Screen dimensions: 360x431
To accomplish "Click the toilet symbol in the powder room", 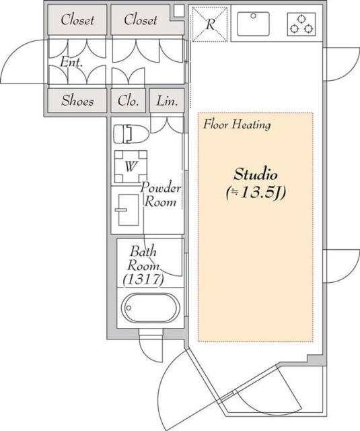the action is [x=131, y=134].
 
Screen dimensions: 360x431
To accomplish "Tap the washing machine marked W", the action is [x=131, y=166].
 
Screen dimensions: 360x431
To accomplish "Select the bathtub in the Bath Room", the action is [x=151, y=308].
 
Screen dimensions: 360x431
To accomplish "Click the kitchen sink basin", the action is [x=253, y=24].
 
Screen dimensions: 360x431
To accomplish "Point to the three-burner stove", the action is [x=301, y=24].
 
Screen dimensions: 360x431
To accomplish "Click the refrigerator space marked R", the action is [x=210, y=24].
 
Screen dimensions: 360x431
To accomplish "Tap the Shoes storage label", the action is [x=77, y=100].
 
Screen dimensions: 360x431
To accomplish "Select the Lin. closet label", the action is [x=167, y=101].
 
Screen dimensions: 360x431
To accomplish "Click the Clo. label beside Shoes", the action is [x=128, y=101].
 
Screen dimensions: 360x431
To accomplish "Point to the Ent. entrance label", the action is [x=71, y=62].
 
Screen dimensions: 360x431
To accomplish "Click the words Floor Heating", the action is [x=237, y=125].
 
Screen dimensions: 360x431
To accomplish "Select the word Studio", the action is [x=256, y=174].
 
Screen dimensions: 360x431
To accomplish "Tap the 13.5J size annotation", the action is [x=256, y=193].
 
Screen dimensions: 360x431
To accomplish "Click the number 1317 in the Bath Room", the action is [x=143, y=279].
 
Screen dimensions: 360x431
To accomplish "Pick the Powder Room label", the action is [x=161, y=195].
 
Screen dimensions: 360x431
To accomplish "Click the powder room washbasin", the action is [x=129, y=210].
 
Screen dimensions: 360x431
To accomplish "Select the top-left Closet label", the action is [x=77, y=20].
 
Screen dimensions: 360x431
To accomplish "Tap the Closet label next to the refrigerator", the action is [x=141, y=20].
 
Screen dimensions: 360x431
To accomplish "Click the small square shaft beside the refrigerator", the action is [x=179, y=11].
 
